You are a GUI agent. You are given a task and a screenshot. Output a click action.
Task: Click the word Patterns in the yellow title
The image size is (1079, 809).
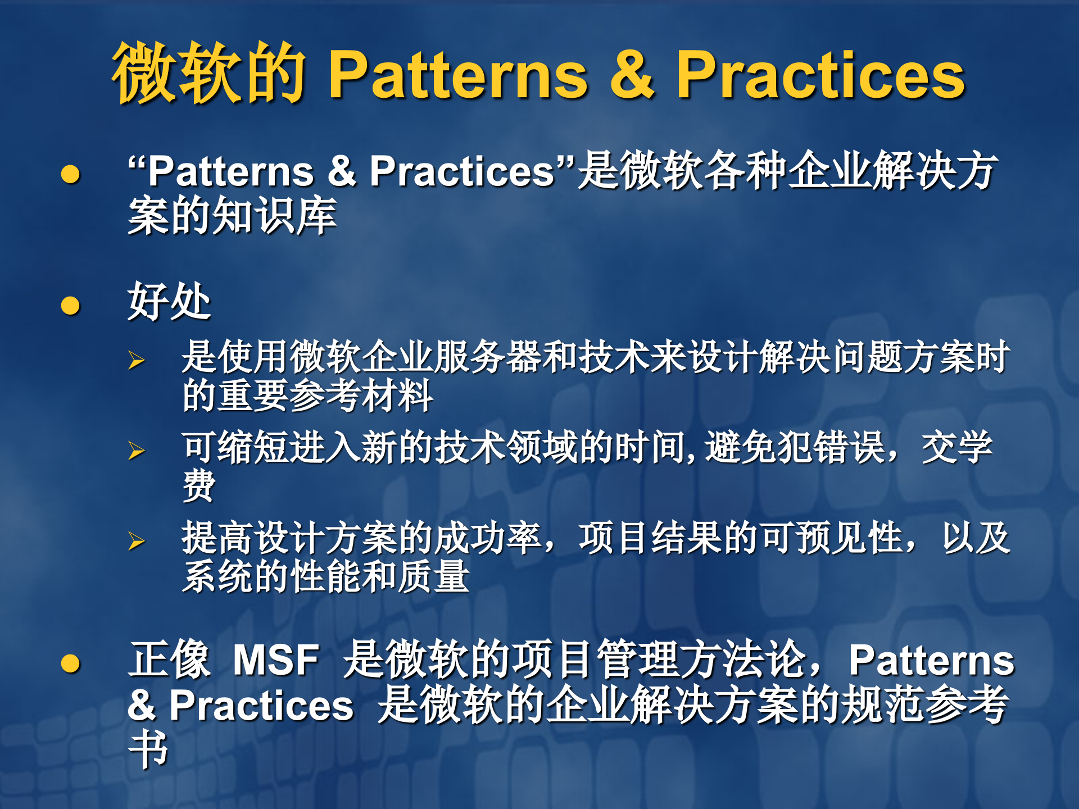(458, 75)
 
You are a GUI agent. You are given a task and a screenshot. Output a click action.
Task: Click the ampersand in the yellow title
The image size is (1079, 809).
(632, 75)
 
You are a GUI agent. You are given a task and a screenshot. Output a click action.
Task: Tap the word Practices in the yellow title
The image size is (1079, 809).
(820, 75)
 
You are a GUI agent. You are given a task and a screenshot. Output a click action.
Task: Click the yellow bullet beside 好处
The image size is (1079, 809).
(70, 306)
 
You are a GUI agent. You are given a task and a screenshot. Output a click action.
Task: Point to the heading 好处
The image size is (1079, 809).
(169, 302)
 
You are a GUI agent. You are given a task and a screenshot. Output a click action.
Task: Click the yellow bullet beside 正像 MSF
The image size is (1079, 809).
(70, 663)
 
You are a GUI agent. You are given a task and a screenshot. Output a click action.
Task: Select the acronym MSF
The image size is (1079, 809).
(275, 660)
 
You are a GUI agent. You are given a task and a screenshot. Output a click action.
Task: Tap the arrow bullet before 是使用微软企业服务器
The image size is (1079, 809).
(136, 360)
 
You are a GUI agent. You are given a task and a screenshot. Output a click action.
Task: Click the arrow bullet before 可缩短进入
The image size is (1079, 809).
(136, 451)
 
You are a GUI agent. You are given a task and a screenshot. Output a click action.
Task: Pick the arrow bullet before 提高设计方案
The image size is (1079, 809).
(136, 541)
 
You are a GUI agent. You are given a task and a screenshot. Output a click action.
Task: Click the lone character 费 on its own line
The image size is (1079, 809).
(199, 486)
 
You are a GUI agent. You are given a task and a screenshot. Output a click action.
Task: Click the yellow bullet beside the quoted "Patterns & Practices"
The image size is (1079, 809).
(70, 174)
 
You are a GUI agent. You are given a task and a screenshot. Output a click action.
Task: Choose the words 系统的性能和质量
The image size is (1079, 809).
(326, 577)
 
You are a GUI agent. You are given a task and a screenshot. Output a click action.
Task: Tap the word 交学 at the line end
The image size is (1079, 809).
(957, 448)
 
